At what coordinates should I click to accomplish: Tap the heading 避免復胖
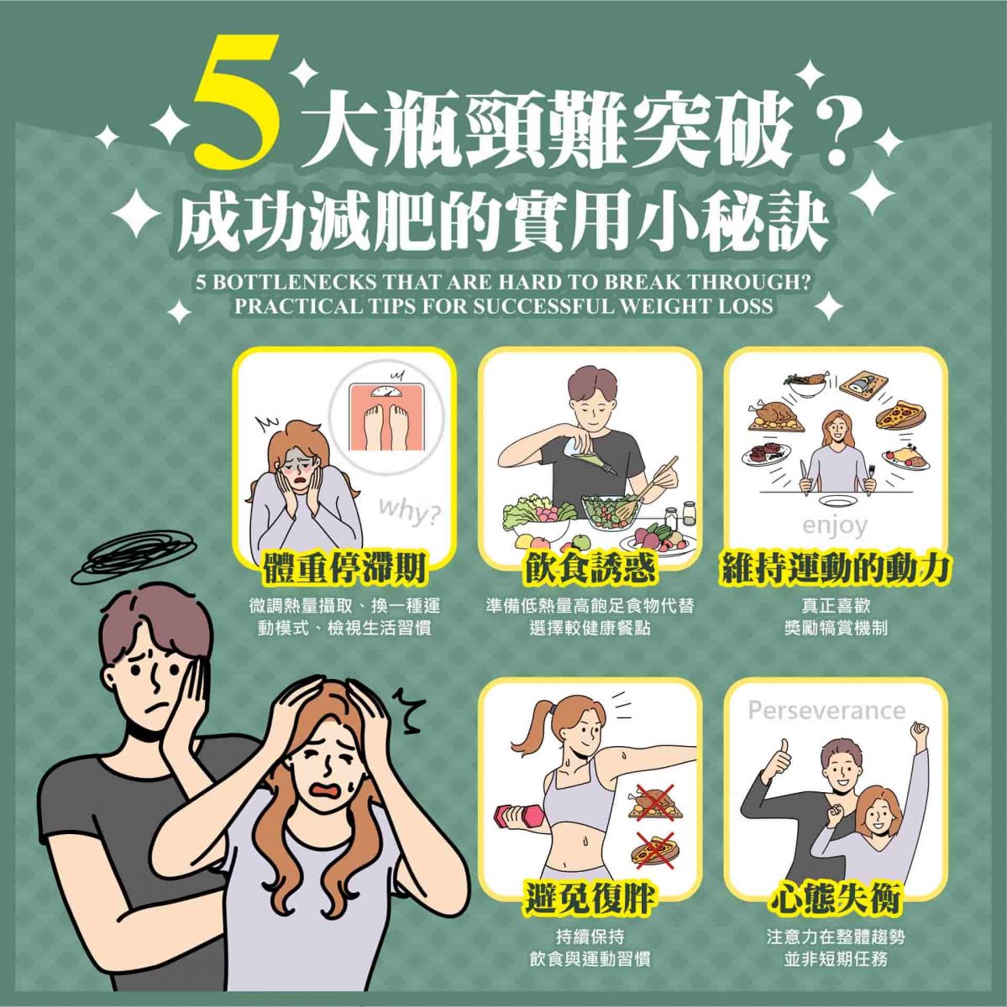pyautogui.click(x=590, y=900)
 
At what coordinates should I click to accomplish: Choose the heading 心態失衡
pyautogui.click(x=836, y=900)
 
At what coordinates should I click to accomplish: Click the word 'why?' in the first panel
pyautogui.click(x=409, y=510)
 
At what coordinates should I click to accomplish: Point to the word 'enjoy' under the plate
pyautogui.click(x=835, y=526)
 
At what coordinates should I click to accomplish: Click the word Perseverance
pyautogui.click(x=826, y=712)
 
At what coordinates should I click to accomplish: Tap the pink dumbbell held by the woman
pyautogui.click(x=512, y=817)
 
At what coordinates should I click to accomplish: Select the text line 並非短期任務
pyautogui.click(x=836, y=959)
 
